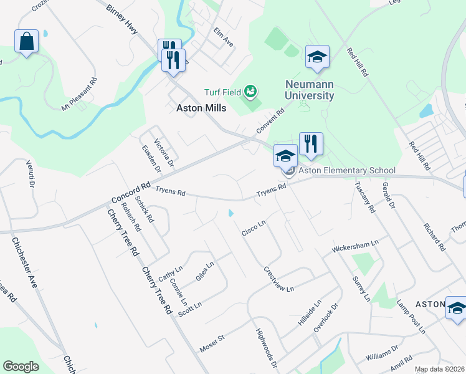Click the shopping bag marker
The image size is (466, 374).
click(26, 42)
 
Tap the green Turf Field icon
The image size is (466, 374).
click(250, 92)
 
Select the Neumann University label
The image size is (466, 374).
click(309, 90)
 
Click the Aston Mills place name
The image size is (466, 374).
click(197, 107)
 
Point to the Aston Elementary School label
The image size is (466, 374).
click(347, 170)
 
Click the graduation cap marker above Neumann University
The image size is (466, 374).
click(317, 57)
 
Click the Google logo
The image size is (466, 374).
click(21, 367)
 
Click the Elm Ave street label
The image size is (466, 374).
click(223, 40)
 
